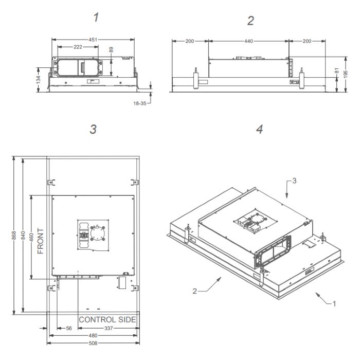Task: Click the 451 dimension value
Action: (x=93, y=40)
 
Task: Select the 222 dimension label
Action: (x=78, y=47)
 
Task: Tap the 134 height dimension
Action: (x=39, y=80)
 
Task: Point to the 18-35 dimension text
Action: (x=140, y=103)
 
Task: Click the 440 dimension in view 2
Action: (x=249, y=41)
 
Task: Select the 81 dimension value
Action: (x=337, y=70)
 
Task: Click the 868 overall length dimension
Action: (x=14, y=236)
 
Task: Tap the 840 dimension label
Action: (x=23, y=236)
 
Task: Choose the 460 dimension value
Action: (x=31, y=237)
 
